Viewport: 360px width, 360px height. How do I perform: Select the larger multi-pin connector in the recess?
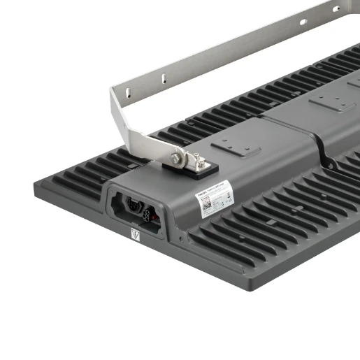tap(134, 206)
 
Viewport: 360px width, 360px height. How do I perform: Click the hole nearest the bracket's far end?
tap(336, 9)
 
